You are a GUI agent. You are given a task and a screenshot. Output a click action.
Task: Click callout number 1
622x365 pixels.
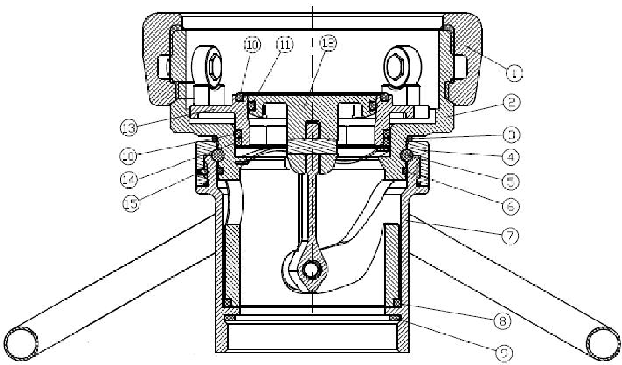coord(513,73)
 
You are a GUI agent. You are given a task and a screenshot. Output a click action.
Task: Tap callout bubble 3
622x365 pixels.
coord(513,133)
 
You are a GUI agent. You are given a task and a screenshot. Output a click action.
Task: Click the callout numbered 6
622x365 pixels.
coord(513,206)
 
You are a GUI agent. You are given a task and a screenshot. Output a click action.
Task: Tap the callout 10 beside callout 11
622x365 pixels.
coord(252,44)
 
